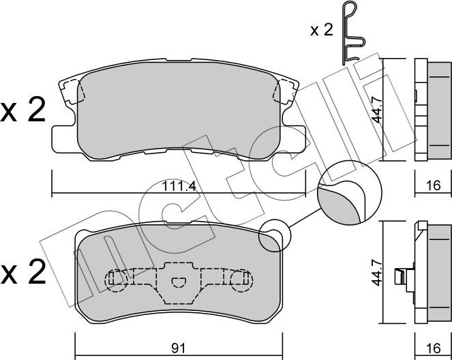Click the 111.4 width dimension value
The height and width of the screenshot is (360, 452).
click(179, 186)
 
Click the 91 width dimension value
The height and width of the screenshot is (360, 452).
click(179, 348)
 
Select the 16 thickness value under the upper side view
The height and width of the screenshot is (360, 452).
click(434, 185)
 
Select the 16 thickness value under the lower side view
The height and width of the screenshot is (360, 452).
click(434, 348)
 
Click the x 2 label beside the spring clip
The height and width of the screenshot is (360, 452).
click(321, 30)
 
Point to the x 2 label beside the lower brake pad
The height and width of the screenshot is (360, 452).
click(23, 272)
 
